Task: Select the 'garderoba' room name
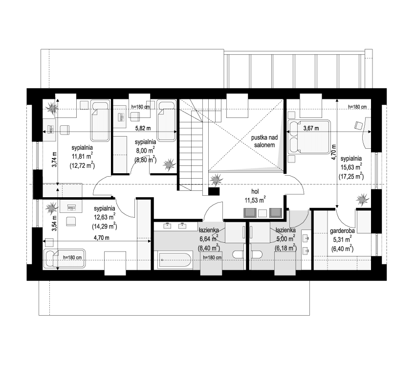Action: coord(342,231)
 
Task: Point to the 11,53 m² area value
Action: coord(255,199)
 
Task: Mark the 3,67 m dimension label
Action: coord(311,129)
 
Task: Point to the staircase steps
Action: coord(191,147)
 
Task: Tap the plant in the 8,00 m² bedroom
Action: coord(169,164)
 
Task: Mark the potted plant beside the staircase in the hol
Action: coord(216,181)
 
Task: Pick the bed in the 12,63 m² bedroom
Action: coord(65,258)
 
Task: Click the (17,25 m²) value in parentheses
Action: coord(350,175)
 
